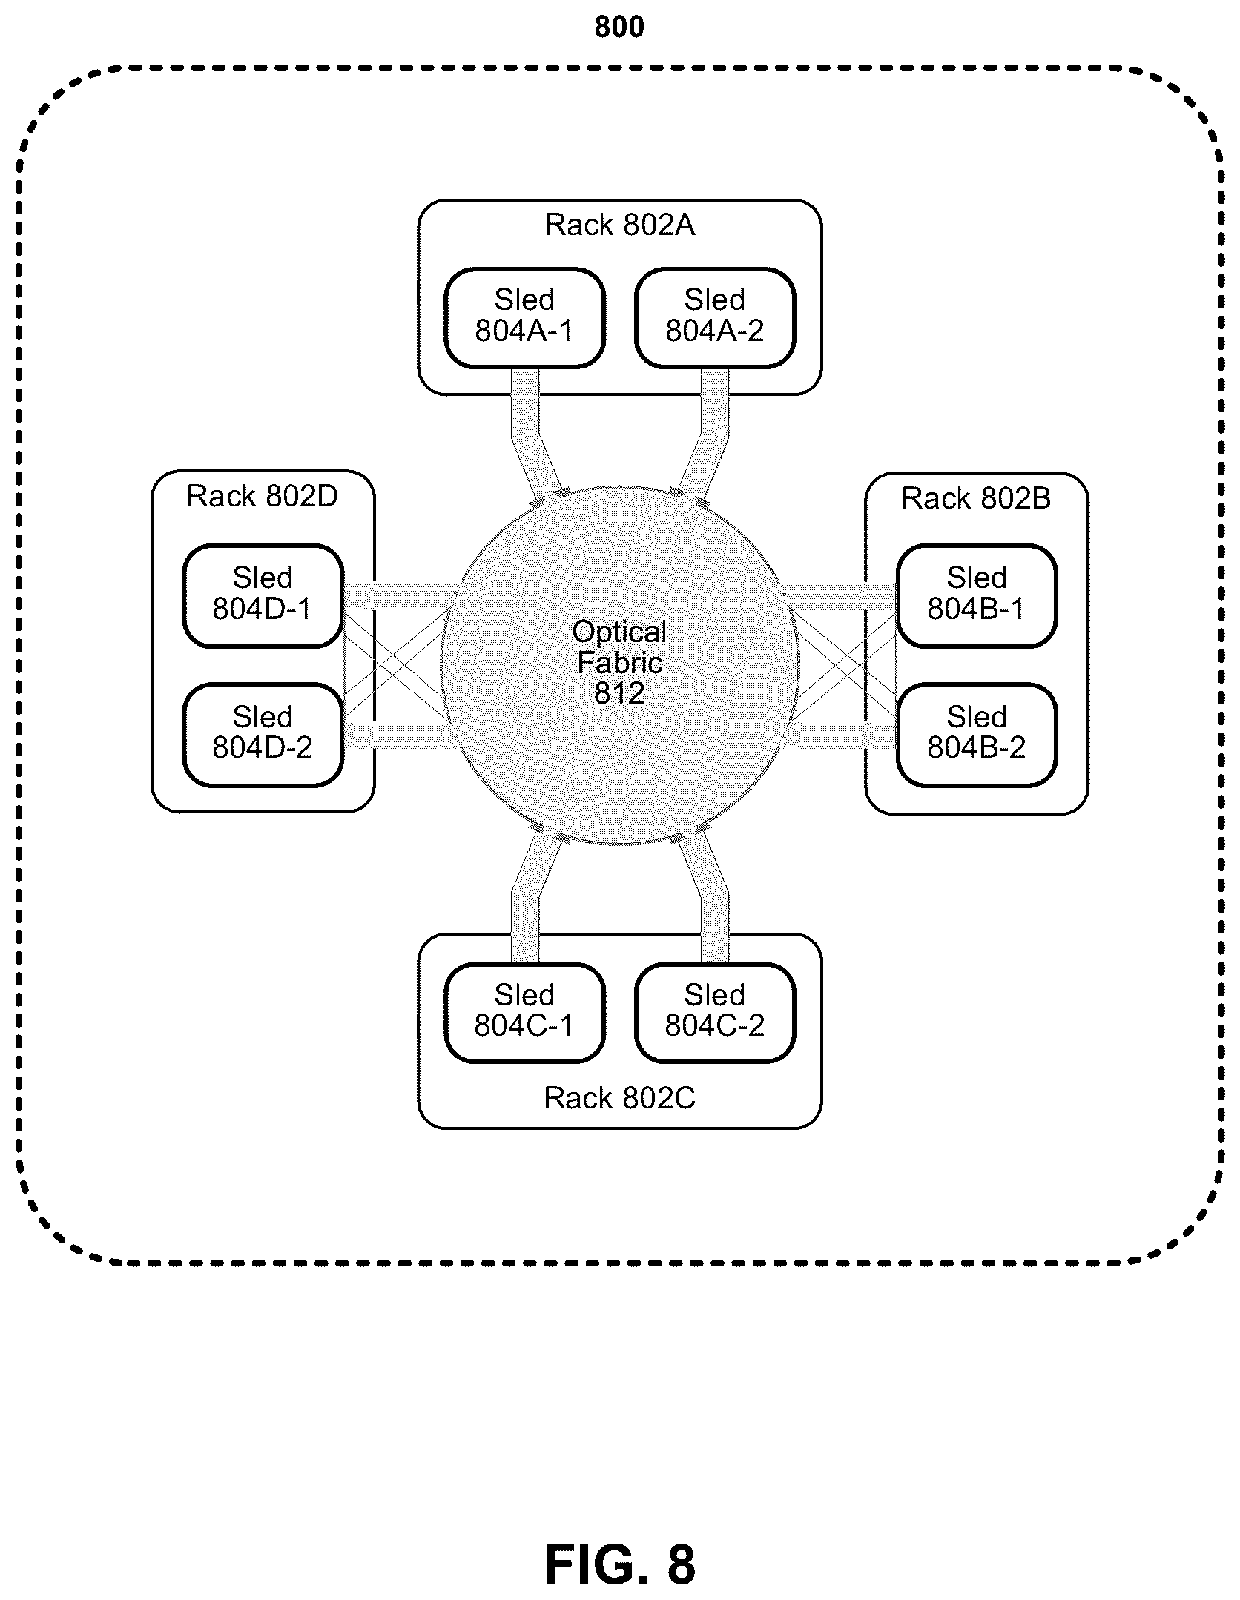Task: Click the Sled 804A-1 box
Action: [x=524, y=318]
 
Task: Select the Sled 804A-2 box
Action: [x=715, y=318]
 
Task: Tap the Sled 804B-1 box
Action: [x=977, y=596]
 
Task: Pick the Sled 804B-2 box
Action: [x=977, y=735]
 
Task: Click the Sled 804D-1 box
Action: [x=263, y=596]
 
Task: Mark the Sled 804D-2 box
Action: [x=263, y=735]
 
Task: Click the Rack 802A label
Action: [x=620, y=225]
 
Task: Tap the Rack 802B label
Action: [x=976, y=498]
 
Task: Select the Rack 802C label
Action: [x=620, y=1098]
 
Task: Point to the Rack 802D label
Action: [x=263, y=497]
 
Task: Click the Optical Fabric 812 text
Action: [x=619, y=662]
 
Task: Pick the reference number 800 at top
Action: [x=619, y=27]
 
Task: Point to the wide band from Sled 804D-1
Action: [x=400, y=597]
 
